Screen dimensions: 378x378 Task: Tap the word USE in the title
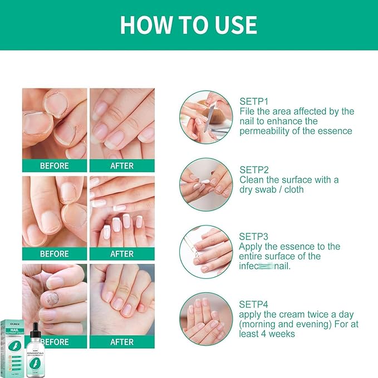[x=235, y=25]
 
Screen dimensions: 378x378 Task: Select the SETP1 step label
[x=254, y=101]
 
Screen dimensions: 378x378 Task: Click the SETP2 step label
[x=254, y=170]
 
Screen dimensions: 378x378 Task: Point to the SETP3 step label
[x=254, y=236]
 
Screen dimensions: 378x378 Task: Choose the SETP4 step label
[x=254, y=305]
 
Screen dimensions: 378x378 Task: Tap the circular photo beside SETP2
[x=205, y=184]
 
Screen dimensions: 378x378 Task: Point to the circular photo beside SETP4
[x=205, y=318]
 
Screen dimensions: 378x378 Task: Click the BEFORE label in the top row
[x=55, y=165]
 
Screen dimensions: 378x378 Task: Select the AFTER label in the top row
[x=122, y=165]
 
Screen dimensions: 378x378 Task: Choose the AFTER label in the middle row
[x=122, y=254]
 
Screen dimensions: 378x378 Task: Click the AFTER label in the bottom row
[x=122, y=342]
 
